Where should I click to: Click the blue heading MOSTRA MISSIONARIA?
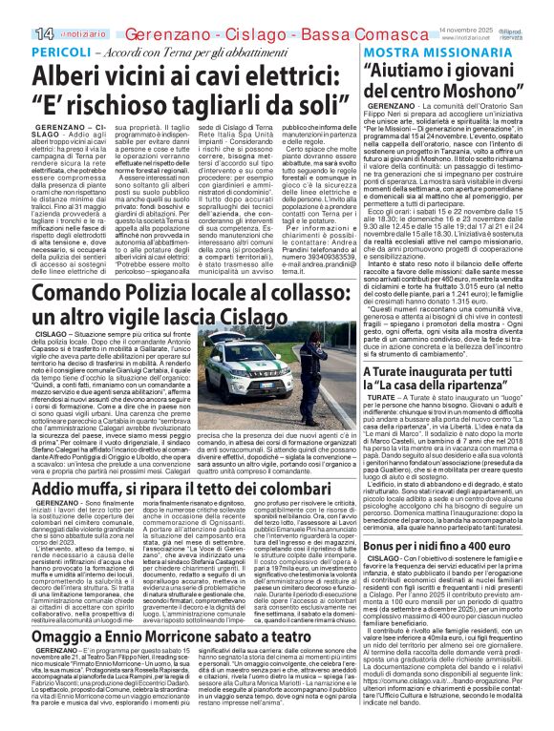426,52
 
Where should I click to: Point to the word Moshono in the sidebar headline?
478,92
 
